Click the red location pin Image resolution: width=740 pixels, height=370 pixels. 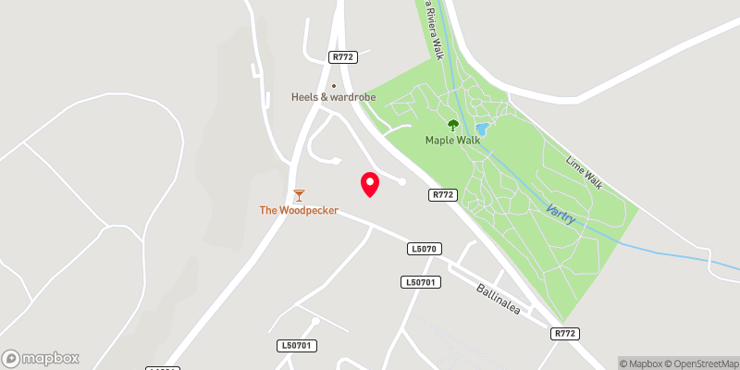coord(370,184)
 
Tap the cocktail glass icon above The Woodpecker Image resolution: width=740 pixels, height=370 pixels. coord(298,195)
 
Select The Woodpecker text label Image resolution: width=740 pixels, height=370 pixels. coord(298,211)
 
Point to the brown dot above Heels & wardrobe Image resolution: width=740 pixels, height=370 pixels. coord(334,86)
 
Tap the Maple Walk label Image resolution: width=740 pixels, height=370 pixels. coord(452,141)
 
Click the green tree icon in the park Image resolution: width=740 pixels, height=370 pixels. coord(452,125)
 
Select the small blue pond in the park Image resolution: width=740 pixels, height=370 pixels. coord(481,129)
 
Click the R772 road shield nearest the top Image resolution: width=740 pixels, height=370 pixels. coord(342,57)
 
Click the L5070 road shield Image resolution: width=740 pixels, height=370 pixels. coord(425,249)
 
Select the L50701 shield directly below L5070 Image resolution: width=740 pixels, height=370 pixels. coord(419,281)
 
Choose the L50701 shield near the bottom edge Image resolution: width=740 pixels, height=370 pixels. coord(297,346)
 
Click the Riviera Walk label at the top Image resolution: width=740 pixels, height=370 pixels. coord(433,28)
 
